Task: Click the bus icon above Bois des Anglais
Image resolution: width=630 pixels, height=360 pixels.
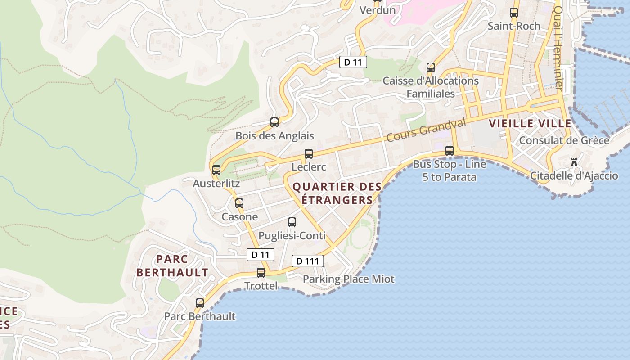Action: [x=274, y=122]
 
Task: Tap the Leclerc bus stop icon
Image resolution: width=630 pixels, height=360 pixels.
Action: [x=309, y=154]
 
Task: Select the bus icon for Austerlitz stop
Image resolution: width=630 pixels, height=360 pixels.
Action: [x=216, y=170]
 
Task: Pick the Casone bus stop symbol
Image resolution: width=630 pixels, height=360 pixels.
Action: [x=239, y=203]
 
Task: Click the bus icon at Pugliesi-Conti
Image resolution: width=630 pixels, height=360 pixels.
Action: [x=292, y=222]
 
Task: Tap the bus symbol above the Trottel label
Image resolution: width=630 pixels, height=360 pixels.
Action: [x=261, y=272]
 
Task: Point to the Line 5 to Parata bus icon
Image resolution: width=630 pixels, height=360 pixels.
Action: [x=450, y=151]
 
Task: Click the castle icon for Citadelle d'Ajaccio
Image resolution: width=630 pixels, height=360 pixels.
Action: [x=574, y=162]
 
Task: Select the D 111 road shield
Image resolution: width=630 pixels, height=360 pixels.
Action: [x=308, y=261]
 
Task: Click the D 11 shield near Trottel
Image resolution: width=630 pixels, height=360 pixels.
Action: [x=261, y=255]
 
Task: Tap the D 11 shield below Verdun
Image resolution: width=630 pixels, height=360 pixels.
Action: [x=353, y=62]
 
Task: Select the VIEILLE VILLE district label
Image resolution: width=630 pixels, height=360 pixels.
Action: [x=530, y=123]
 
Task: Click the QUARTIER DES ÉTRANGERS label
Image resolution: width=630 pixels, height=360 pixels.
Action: [x=337, y=193]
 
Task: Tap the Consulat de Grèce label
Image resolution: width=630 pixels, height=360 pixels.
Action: [x=564, y=140]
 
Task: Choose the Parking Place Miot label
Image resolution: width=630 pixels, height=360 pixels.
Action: [x=348, y=279]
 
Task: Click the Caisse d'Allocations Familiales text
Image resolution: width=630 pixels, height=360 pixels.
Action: [x=431, y=87]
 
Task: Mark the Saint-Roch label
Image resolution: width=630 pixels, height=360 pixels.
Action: [x=514, y=26]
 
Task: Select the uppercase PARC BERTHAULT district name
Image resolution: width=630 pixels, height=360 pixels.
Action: [x=172, y=265]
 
